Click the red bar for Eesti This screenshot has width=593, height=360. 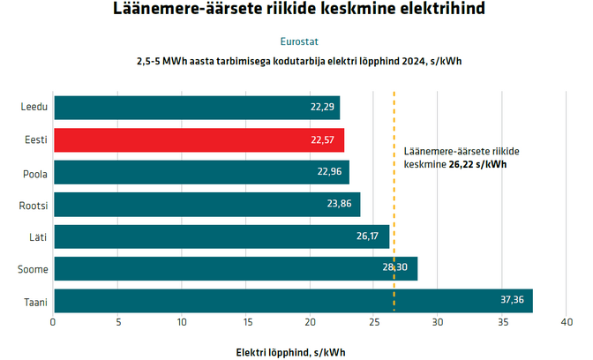(199, 139)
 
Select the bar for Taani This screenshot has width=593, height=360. (293, 301)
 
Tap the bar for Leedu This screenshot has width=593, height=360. (197, 108)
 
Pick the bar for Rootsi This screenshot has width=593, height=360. (206, 204)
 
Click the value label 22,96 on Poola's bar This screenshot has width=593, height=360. (329, 172)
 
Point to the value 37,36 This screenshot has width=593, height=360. (513, 301)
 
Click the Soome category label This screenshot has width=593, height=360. (34, 268)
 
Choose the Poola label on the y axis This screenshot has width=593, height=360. (35, 172)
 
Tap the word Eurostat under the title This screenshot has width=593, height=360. (299, 41)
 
